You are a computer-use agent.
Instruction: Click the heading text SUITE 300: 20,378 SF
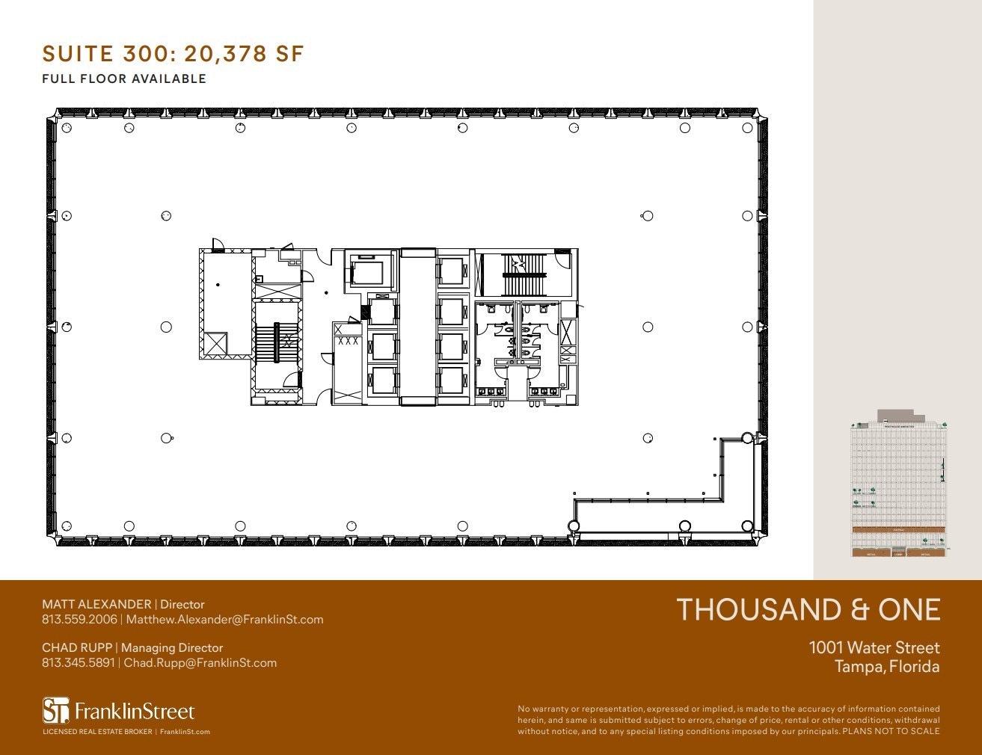click(x=173, y=54)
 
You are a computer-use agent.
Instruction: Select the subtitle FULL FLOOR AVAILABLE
click(x=124, y=78)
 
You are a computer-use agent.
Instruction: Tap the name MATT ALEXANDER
click(x=96, y=604)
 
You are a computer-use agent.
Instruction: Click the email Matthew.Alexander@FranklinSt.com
click(x=224, y=619)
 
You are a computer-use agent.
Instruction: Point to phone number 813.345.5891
click(x=79, y=662)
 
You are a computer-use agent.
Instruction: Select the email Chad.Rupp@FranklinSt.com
click(x=200, y=662)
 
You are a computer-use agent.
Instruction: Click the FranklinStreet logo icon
click(x=55, y=710)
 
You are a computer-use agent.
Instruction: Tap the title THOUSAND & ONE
click(x=808, y=610)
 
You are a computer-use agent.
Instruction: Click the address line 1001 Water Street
click(x=874, y=647)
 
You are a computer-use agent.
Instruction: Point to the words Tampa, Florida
click(x=886, y=666)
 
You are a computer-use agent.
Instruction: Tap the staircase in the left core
click(x=277, y=345)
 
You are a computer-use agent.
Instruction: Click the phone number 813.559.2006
click(x=79, y=619)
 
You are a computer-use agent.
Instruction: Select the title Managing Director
click(x=172, y=647)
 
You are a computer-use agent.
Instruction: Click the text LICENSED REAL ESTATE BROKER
click(x=97, y=732)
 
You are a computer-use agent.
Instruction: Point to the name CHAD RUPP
click(x=77, y=647)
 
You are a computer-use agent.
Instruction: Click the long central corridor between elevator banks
click(x=417, y=327)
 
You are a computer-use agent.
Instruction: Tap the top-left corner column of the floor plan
click(x=66, y=128)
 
